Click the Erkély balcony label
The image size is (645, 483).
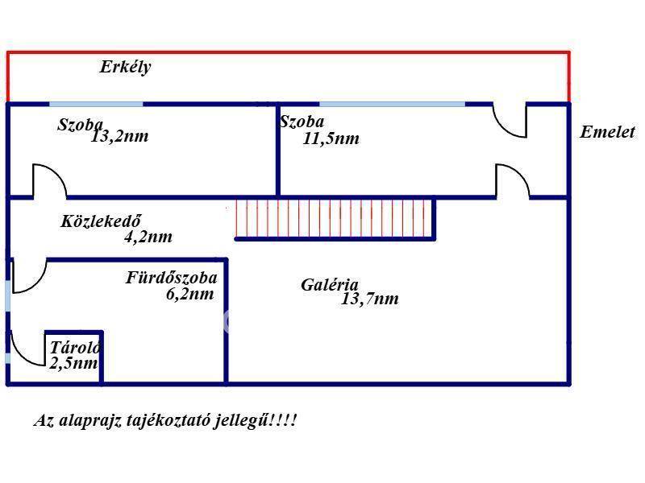[125, 68]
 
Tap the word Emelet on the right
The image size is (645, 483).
[607, 133]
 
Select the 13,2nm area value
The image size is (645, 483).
[119, 136]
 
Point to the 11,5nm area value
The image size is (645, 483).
[331, 138]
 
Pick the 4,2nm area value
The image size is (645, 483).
[148, 237]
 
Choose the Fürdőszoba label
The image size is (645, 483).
[171, 278]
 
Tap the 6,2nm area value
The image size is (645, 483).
[189, 294]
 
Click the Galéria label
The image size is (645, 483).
[329, 284]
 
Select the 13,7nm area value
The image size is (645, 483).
[370, 299]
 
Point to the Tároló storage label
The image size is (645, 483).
[75, 348]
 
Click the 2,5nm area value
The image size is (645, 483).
[73, 363]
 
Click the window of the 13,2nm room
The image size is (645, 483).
[96, 103]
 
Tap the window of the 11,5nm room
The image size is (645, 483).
[392, 103]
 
